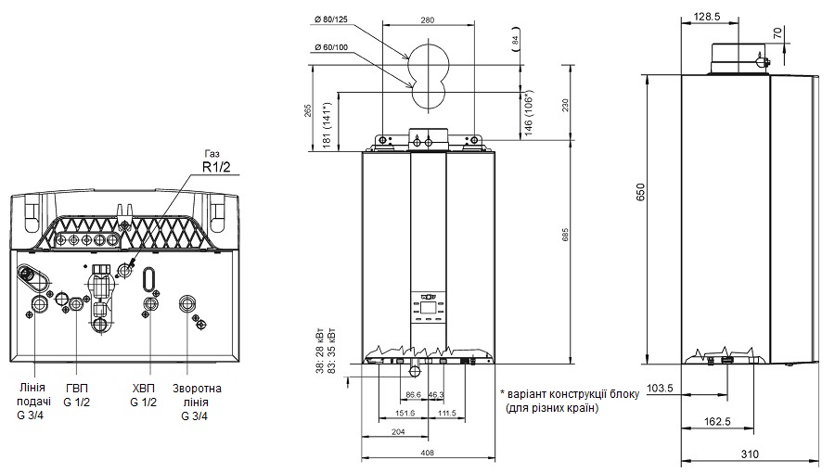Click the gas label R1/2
point(215,168)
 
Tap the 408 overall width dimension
point(427,453)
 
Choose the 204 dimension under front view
point(398,431)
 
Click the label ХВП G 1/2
point(144,395)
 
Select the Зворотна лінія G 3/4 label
point(196,402)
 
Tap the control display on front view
point(427,305)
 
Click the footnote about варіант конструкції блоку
point(569,401)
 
